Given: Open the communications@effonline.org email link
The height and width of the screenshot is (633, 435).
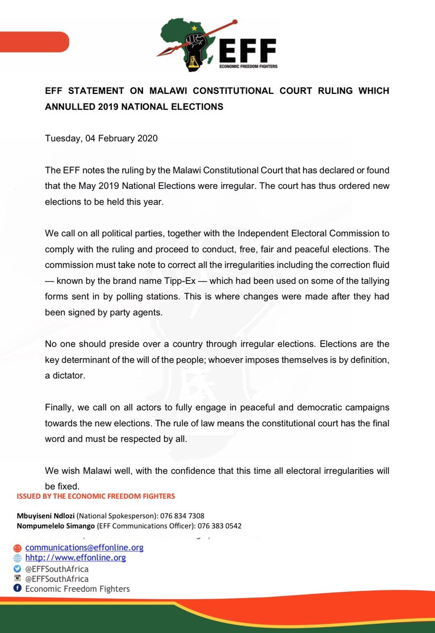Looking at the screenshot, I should (84, 548).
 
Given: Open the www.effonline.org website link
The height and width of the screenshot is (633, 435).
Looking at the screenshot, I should (75, 558).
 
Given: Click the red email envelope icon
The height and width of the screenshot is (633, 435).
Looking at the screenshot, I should (17, 548).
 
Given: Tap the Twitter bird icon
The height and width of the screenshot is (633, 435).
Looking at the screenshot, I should (17, 569).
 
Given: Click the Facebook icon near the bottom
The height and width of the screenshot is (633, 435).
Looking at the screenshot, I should (17, 589).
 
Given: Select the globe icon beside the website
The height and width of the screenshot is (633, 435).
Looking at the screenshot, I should (17, 558).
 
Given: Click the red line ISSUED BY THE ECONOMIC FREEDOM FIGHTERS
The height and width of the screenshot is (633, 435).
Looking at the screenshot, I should (96, 496).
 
